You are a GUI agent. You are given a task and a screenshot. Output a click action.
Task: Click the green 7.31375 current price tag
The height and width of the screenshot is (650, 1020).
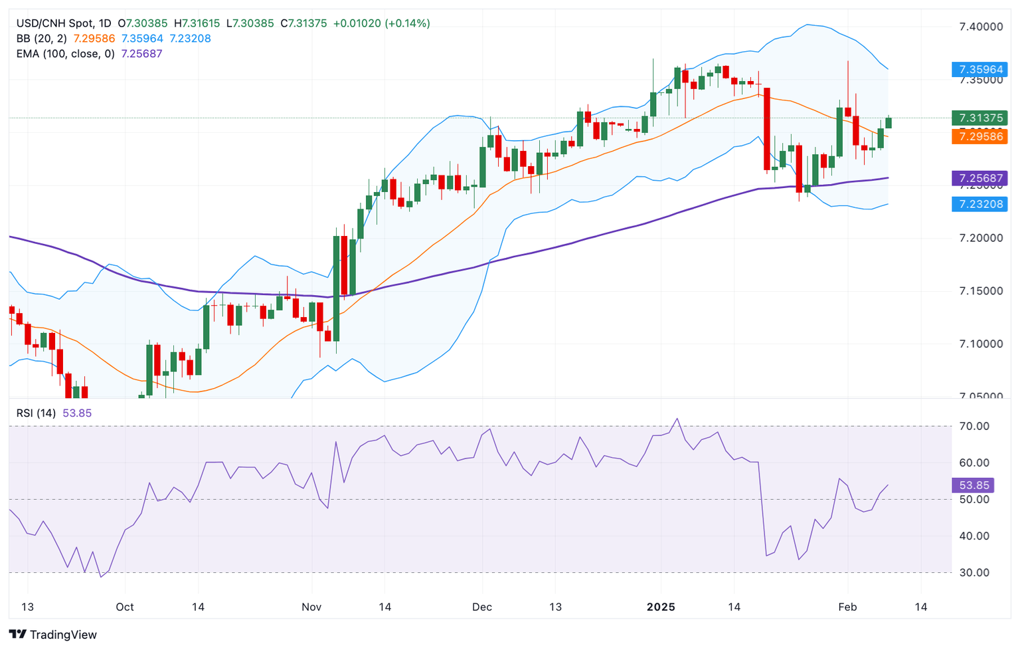[x=979, y=118]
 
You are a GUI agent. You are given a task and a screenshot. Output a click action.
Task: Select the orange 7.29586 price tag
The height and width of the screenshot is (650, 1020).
[x=979, y=137]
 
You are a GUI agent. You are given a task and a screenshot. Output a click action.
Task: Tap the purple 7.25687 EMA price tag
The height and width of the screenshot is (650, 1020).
[x=979, y=178]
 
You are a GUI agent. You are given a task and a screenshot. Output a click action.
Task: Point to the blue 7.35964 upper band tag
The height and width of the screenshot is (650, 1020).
[x=979, y=69]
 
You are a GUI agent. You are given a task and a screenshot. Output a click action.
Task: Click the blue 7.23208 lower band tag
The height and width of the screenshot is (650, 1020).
[x=979, y=204]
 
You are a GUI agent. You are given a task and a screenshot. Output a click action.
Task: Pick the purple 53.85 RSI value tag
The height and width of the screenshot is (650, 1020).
[x=972, y=485]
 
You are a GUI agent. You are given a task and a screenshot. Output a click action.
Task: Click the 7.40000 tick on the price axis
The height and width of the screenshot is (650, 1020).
[x=981, y=27]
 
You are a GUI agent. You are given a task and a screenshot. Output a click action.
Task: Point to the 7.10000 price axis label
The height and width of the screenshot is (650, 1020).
[x=981, y=344]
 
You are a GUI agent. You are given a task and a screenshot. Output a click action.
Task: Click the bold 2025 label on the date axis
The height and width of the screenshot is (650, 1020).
[x=661, y=607]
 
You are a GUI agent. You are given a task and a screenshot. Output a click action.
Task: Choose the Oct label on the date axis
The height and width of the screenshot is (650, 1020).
[x=125, y=607]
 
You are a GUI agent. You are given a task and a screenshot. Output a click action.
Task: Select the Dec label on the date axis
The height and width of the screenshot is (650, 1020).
[x=482, y=607]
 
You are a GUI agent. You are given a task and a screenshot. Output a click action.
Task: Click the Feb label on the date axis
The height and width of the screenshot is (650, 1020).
[x=847, y=607]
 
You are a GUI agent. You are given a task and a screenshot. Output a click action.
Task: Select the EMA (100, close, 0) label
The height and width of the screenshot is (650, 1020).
[x=66, y=54]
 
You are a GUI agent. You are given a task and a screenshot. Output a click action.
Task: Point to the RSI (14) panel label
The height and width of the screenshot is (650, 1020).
[x=36, y=413]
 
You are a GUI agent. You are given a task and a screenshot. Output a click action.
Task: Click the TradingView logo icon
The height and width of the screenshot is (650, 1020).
[x=18, y=635]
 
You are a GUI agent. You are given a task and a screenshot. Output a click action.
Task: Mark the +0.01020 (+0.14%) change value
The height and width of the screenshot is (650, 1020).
[x=381, y=23]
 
